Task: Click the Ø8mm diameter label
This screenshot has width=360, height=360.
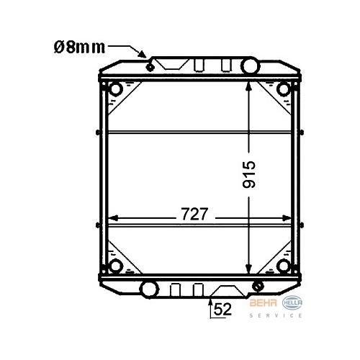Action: [x=79, y=48]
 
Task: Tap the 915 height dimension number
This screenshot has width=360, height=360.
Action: [x=249, y=174]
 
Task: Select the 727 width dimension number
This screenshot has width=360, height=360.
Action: [x=194, y=214]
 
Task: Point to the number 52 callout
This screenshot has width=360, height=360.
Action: [x=222, y=309]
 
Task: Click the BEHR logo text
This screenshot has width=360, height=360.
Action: [x=264, y=303]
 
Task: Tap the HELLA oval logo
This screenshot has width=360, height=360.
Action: [x=292, y=303]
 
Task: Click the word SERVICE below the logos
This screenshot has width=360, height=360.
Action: [x=276, y=315]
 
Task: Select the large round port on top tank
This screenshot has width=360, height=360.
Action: [x=251, y=66]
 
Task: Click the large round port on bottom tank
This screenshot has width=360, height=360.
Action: [x=149, y=289]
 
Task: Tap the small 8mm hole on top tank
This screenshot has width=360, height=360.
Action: [x=150, y=68]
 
